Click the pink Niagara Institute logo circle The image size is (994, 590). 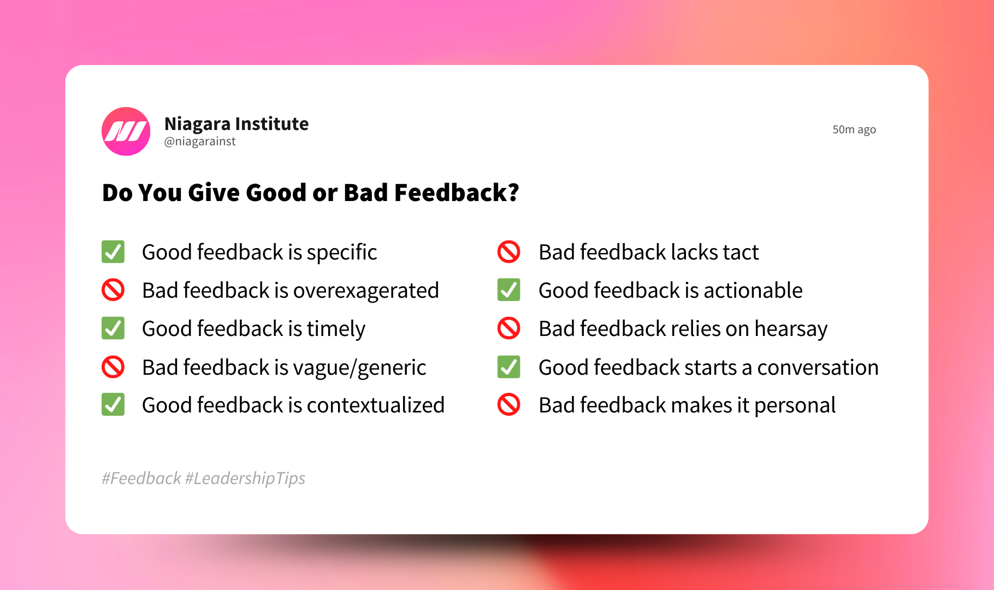pyautogui.click(x=126, y=131)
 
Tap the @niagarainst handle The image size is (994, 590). pyautogui.click(x=200, y=141)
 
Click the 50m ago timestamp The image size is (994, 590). pyautogui.click(x=854, y=129)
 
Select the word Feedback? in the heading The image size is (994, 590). pyautogui.click(x=456, y=193)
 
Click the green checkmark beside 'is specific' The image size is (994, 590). pyautogui.click(x=113, y=252)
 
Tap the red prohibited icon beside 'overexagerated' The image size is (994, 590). pyautogui.click(x=113, y=290)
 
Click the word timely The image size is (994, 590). pyautogui.click(x=335, y=329)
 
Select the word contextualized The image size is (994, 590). pyautogui.click(x=375, y=405)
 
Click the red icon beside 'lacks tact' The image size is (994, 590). pyautogui.click(x=509, y=252)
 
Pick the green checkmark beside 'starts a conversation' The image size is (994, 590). pyautogui.click(x=509, y=367)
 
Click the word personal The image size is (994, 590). pyautogui.click(x=795, y=406)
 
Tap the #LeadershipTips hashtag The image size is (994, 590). pyautogui.click(x=245, y=479)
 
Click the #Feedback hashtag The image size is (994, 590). pyautogui.click(x=141, y=479)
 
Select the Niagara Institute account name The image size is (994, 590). pyautogui.click(x=236, y=124)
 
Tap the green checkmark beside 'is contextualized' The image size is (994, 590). pyautogui.click(x=113, y=405)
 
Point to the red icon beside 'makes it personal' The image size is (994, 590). pyautogui.click(x=509, y=405)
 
